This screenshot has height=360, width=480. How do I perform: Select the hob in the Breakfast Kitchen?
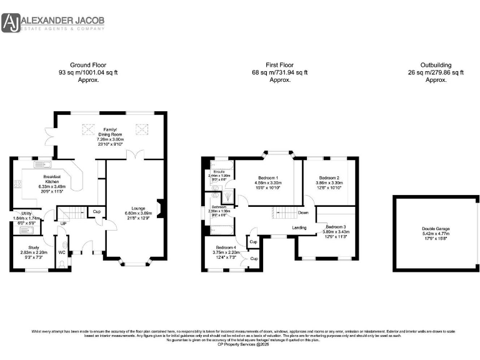coord(19,183)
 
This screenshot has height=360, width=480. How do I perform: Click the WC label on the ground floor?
coord(61,252)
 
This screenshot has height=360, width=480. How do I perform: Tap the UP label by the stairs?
coord(63,222)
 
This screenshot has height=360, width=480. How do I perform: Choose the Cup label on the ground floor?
coord(96,212)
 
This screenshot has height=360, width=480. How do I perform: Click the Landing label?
coord(300,227)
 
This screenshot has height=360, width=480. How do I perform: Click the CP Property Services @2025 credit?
coord(240,344)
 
